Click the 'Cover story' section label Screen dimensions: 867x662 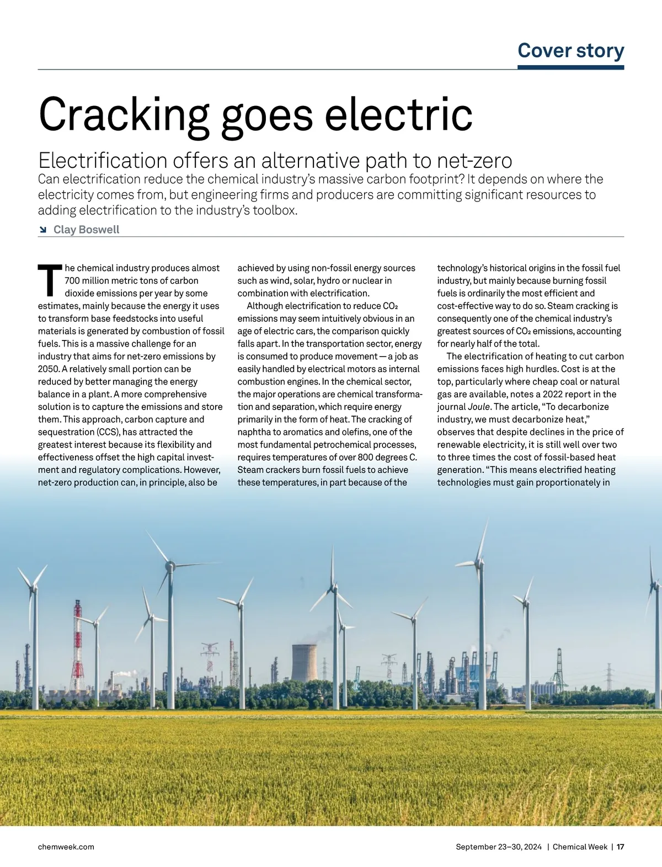(x=570, y=51)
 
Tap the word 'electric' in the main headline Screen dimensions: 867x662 (x=398, y=115)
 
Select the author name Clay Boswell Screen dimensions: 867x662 (x=86, y=230)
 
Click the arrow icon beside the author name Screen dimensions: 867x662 (x=43, y=230)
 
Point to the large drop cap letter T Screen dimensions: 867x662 (x=50, y=280)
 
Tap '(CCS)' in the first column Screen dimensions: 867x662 (x=108, y=432)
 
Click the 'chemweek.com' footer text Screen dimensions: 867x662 (x=66, y=847)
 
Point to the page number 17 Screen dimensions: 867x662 (x=620, y=847)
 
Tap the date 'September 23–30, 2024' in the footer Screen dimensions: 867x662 (x=499, y=847)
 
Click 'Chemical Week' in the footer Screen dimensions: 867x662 (x=580, y=847)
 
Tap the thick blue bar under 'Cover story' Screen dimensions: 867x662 (x=570, y=67)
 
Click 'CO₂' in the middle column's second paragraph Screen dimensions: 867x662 (x=390, y=306)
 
